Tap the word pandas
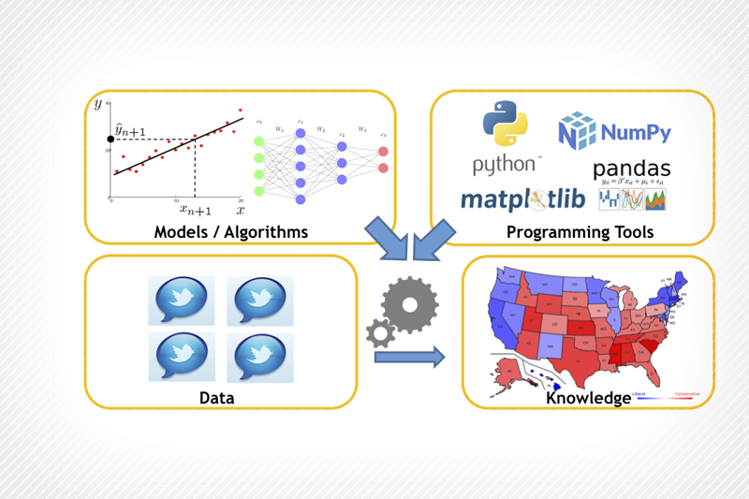(x=632, y=169)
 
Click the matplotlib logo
(x=522, y=198)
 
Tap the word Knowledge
(x=589, y=398)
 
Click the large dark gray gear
(x=410, y=305)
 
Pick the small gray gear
(x=379, y=331)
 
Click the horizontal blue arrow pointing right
(x=409, y=357)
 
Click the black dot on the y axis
(x=111, y=139)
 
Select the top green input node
(x=259, y=140)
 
